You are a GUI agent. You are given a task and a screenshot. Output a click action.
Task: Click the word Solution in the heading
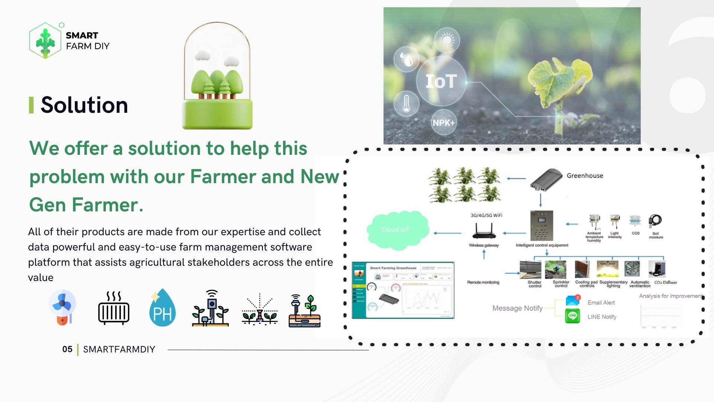[84, 105]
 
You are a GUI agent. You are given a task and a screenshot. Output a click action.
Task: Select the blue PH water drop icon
[162, 308]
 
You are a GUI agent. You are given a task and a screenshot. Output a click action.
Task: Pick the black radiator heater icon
[113, 309]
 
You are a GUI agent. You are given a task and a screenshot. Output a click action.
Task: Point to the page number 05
[67, 349]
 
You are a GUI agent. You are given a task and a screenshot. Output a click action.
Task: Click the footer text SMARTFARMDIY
[119, 349]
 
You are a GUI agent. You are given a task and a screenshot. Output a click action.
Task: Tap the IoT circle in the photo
[441, 81]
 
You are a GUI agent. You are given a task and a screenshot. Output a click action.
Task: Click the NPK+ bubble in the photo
[443, 122]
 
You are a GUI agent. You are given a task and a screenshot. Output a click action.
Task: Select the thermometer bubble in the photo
[406, 103]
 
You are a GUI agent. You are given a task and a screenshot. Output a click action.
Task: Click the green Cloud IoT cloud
[397, 230]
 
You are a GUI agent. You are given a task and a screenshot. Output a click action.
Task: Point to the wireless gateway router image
[484, 231]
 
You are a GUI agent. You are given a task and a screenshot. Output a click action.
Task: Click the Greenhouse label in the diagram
[585, 176]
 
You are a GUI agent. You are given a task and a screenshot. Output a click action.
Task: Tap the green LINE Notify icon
[572, 316]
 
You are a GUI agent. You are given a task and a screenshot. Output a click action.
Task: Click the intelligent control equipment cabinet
[541, 226]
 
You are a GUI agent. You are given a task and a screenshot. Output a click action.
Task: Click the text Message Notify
[517, 308]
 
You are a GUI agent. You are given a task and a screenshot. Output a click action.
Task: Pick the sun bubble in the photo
[447, 40]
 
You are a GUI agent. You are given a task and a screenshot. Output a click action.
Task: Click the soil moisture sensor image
[655, 222]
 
